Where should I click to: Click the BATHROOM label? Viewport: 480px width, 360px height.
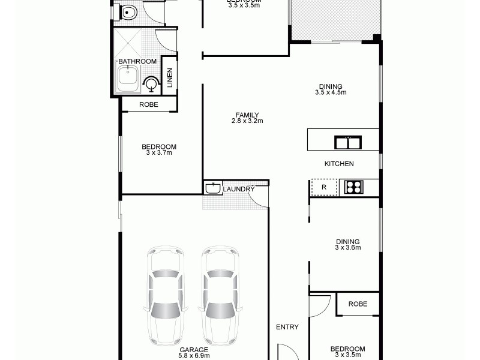137,61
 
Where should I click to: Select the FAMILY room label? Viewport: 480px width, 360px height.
247,115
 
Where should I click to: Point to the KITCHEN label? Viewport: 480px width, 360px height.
339,164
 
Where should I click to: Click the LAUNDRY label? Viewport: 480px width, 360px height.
239,190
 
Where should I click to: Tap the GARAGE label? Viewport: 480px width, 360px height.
193,349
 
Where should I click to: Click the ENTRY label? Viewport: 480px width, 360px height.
287,327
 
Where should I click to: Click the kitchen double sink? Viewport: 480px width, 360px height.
348,143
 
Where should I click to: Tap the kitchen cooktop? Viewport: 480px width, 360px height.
353,187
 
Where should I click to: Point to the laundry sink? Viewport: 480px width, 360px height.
211,188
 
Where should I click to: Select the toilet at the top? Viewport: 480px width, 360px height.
128,12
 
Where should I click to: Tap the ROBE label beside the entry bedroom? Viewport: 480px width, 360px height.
358,304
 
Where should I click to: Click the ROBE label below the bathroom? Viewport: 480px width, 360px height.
149,104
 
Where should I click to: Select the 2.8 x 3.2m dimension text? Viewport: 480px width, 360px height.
247,121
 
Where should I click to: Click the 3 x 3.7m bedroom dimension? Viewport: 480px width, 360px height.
159,153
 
